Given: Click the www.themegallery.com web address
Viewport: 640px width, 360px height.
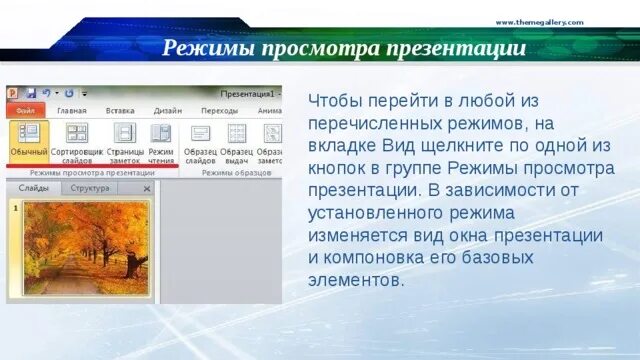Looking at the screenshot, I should pos(539,22).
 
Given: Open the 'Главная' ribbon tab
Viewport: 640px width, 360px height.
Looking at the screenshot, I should pos(72,111).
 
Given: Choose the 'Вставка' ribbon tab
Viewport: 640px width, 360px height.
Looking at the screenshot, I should pos(120,111).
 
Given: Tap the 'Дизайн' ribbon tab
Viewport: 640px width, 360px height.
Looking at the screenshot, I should pos(168,111).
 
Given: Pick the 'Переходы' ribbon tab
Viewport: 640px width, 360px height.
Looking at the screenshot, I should pos(219,111).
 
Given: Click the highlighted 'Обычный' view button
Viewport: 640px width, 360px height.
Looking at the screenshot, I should pos(29,141).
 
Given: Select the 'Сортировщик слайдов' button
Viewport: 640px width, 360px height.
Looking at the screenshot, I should pos(77,141).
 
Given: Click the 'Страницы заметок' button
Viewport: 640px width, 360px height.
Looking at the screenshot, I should pos(125,141).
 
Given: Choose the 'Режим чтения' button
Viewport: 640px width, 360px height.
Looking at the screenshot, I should pos(161,141).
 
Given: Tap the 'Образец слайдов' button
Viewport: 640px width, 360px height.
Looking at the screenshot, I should pos(201,141).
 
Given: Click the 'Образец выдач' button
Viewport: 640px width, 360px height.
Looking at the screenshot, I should pos(237,141).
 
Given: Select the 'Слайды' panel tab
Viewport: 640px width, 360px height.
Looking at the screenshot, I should pos(33,188).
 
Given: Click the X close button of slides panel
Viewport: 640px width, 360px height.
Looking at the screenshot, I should pos(147,188).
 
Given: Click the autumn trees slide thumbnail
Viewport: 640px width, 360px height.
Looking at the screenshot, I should pos(84,249).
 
